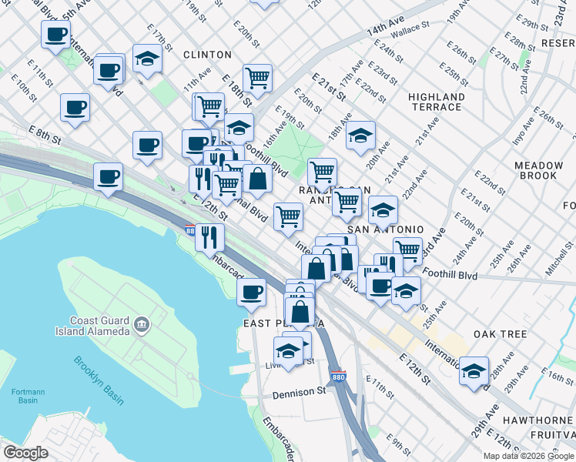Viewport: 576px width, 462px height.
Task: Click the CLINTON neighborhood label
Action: click(x=207, y=55)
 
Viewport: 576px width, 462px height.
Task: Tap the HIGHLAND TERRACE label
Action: click(x=437, y=102)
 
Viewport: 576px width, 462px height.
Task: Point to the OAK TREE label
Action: click(x=500, y=334)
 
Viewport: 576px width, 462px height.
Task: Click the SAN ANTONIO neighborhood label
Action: click(x=386, y=229)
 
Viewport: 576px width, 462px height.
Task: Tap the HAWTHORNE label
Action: click(x=539, y=420)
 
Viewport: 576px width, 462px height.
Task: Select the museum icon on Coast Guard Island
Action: click(x=141, y=325)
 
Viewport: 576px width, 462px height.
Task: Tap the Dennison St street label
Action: click(x=299, y=393)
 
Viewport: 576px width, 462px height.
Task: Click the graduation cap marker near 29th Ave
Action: click(x=474, y=370)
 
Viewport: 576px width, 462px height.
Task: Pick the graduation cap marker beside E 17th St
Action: click(x=146, y=59)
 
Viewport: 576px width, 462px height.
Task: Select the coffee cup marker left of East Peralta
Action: click(x=251, y=291)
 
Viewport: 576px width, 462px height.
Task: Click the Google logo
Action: click(x=25, y=453)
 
